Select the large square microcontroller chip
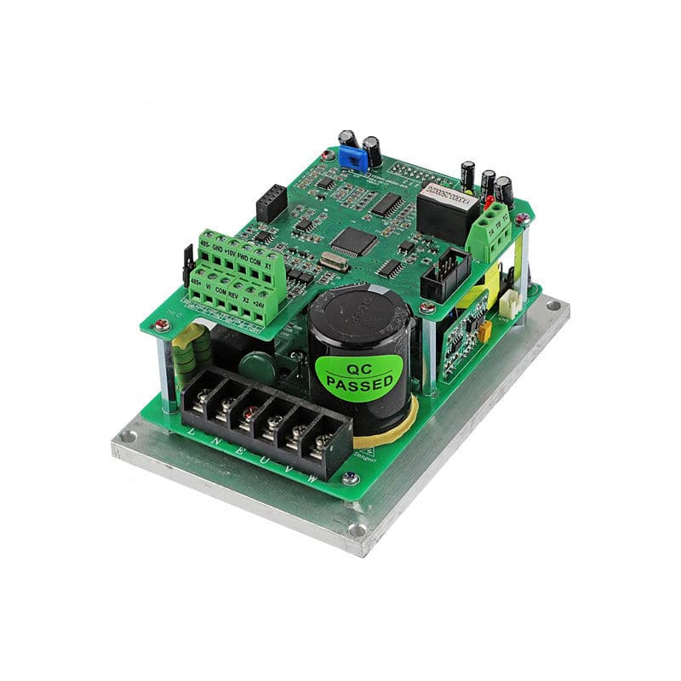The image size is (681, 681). [353, 242]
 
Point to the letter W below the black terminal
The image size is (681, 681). [312, 479]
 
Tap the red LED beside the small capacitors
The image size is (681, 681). [489, 203]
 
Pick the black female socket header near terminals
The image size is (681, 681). [272, 203]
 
